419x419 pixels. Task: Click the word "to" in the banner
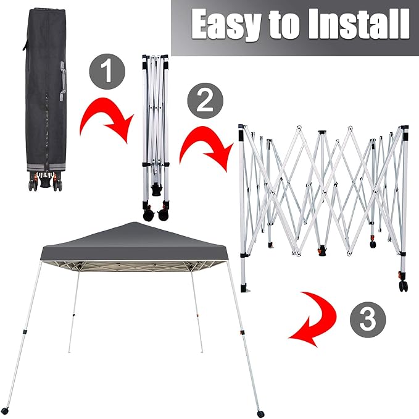(x=284, y=25)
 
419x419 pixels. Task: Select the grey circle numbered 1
(x=107, y=72)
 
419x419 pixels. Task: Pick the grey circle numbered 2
(x=205, y=101)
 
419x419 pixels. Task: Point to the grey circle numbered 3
(x=368, y=320)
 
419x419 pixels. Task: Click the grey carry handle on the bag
(x=62, y=81)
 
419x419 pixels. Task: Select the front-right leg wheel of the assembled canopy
(x=260, y=413)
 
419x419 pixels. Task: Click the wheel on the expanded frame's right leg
(x=404, y=286)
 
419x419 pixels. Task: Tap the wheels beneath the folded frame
(x=156, y=214)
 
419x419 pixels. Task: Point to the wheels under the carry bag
(x=46, y=184)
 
